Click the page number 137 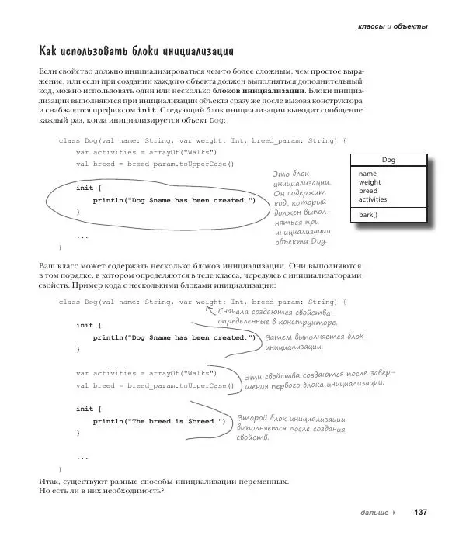pos(421,512)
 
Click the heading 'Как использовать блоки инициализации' pos(136,52)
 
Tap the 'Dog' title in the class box pos(388,160)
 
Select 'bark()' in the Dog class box pos(368,215)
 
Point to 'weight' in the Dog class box pos(370,182)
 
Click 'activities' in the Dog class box pos(373,199)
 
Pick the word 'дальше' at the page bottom pos(375,513)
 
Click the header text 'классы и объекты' pos(391,26)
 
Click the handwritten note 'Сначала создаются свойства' pos(277,316)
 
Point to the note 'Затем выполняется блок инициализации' pos(313,342)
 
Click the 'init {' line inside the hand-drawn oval pos(84,188)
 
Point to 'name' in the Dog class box pos(367,174)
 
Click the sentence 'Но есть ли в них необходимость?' pos(101,492)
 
